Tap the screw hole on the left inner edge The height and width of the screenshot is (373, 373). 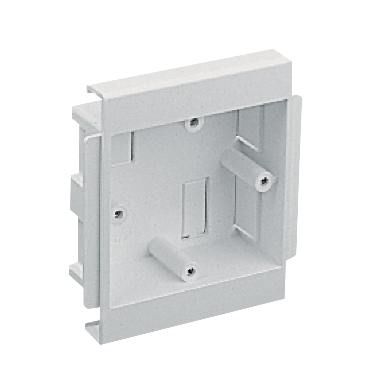pyautogui.click(x=118, y=213)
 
